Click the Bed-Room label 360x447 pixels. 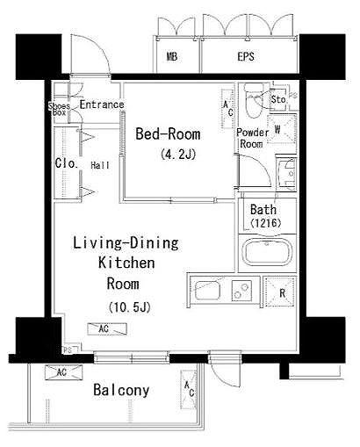(168, 134)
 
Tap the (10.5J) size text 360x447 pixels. (129, 307)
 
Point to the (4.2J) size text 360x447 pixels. (178, 154)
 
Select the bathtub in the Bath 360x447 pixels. (269, 253)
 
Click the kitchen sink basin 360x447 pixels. (207, 290)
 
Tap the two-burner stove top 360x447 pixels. (241, 291)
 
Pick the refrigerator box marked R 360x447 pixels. (280, 292)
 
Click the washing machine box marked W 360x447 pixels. (282, 129)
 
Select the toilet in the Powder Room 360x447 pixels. (254, 100)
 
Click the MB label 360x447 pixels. (172, 56)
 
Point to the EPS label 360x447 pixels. (246, 56)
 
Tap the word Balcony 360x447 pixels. (121, 390)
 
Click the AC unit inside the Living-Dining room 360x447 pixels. (107, 328)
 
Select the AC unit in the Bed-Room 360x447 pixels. (228, 109)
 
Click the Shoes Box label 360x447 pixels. (59, 109)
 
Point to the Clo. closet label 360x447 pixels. (67, 163)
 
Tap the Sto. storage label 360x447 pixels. (278, 99)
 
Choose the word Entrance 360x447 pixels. (102, 105)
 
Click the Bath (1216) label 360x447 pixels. (265, 216)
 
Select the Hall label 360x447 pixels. (100, 165)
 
